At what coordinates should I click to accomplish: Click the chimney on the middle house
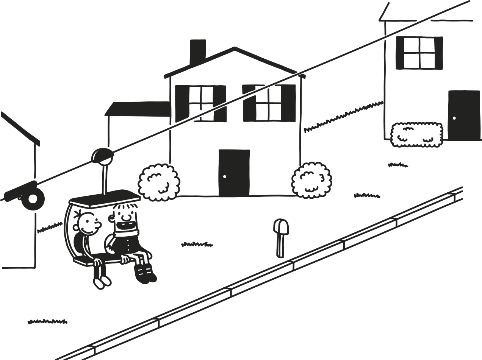pyautogui.click(x=197, y=51)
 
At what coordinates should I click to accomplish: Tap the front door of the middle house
pyautogui.click(x=234, y=173)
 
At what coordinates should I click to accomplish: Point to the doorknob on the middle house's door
pyautogui.click(x=224, y=176)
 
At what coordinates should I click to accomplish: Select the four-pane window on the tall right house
pyautogui.click(x=419, y=53)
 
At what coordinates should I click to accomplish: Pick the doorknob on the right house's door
pyautogui.click(x=454, y=118)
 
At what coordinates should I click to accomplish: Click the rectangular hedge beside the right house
pyautogui.click(x=416, y=134)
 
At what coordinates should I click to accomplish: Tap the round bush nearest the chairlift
pyautogui.click(x=159, y=182)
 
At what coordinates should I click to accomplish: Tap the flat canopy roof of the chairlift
pyautogui.click(x=104, y=197)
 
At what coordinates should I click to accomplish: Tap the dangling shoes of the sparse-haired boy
pyautogui.click(x=102, y=282)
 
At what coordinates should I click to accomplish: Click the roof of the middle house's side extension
pyautogui.click(x=137, y=108)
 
